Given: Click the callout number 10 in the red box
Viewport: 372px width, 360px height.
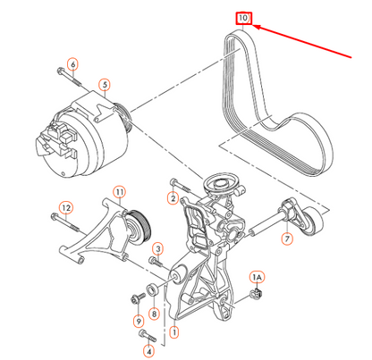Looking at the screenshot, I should (x=243, y=17).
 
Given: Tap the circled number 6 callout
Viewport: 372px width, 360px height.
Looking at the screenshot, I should (x=72, y=63).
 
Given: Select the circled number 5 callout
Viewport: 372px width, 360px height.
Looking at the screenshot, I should (x=105, y=86).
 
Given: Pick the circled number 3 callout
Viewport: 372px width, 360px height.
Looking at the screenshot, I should (x=157, y=248).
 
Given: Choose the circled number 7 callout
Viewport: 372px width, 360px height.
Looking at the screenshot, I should (x=287, y=239).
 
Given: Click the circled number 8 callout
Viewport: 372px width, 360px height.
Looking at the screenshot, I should (x=154, y=314).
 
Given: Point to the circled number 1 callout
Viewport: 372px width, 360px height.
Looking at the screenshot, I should (x=173, y=331).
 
